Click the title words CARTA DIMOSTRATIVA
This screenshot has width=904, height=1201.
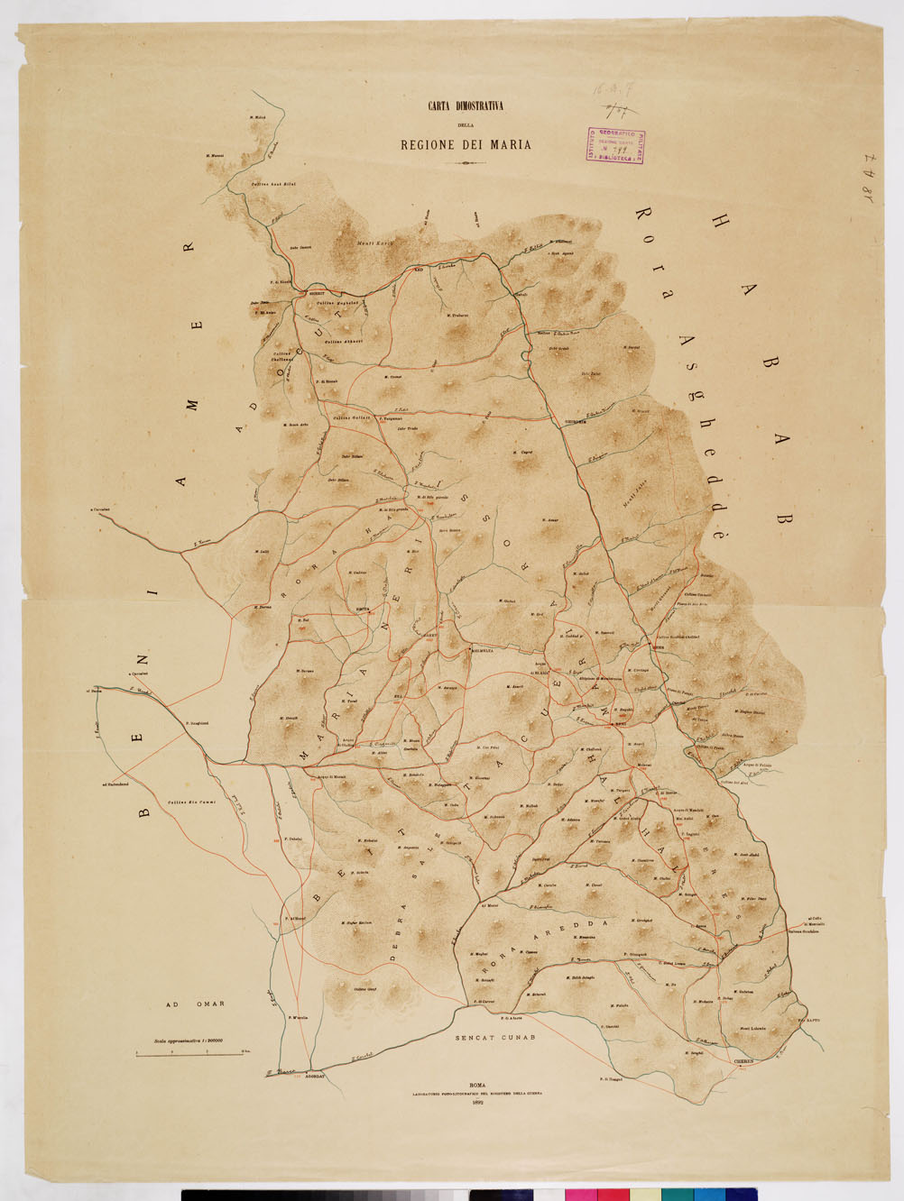click(465, 106)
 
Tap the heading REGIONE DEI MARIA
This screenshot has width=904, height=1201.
click(466, 144)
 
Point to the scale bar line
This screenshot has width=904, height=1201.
click(185, 1052)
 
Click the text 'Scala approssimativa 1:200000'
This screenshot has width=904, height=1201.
click(193, 1040)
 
